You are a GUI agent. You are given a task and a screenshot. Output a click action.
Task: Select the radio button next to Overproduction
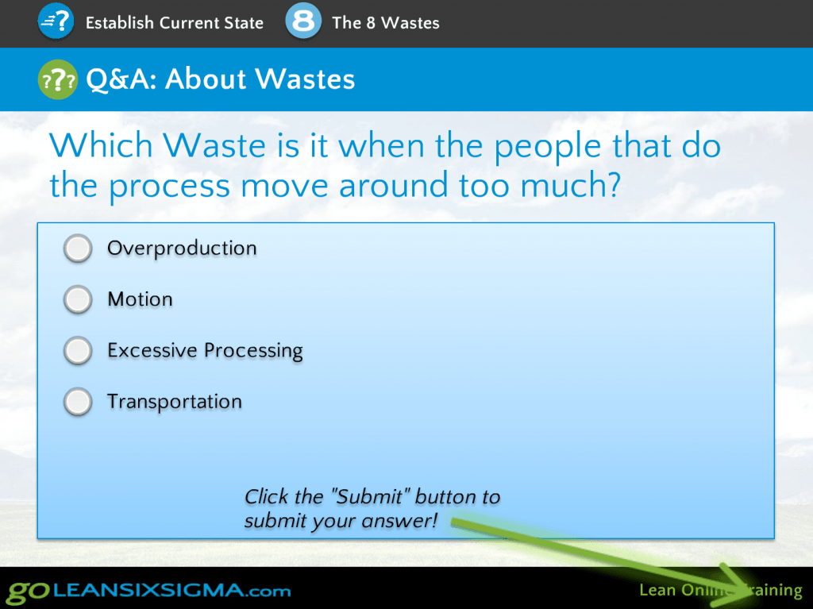(78, 249)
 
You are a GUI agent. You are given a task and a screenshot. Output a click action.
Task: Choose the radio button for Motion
(78, 299)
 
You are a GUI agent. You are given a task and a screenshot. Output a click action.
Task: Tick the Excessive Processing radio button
(78, 350)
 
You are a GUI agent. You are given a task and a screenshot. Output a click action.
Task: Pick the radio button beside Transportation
(78, 402)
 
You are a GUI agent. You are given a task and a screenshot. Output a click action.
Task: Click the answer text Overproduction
(182, 249)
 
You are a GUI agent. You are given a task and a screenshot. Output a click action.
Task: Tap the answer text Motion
(140, 299)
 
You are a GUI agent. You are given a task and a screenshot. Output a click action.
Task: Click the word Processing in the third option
(253, 351)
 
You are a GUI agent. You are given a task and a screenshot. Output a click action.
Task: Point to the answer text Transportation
(175, 402)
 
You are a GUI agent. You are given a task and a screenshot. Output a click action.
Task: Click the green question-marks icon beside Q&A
(57, 79)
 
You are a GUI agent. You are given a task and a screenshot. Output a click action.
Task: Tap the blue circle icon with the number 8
(303, 21)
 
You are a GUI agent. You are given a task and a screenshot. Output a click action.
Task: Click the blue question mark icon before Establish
(56, 21)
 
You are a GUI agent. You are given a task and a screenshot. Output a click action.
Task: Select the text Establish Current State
(174, 23)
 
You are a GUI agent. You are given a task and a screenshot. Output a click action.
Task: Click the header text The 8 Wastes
(386, 23)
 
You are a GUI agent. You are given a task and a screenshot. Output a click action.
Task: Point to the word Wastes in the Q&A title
(306, 79)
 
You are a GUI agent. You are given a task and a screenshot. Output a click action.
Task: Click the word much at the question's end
(570, 185)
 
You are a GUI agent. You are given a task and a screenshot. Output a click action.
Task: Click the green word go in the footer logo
(28, 592)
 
